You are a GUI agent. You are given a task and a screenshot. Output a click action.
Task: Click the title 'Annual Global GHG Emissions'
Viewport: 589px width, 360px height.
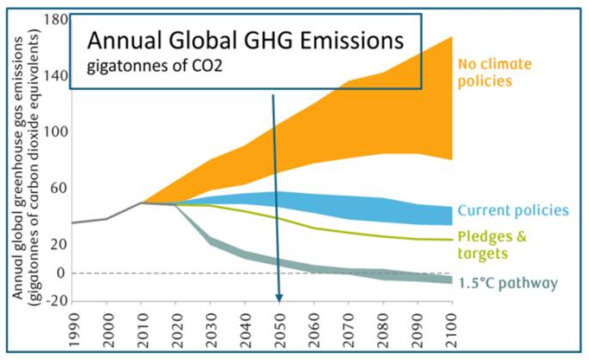243,41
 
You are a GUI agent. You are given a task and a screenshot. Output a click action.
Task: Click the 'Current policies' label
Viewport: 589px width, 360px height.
512,210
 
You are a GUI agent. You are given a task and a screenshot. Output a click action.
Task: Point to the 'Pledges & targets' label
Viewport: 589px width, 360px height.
493,245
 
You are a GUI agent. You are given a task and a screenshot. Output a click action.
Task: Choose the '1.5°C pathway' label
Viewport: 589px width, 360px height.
507,283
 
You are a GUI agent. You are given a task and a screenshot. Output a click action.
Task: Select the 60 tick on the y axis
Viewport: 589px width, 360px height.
57,188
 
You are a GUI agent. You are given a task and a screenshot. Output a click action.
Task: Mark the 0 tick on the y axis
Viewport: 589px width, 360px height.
61,273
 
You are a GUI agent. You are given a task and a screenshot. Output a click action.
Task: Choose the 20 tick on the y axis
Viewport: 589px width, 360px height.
57,244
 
